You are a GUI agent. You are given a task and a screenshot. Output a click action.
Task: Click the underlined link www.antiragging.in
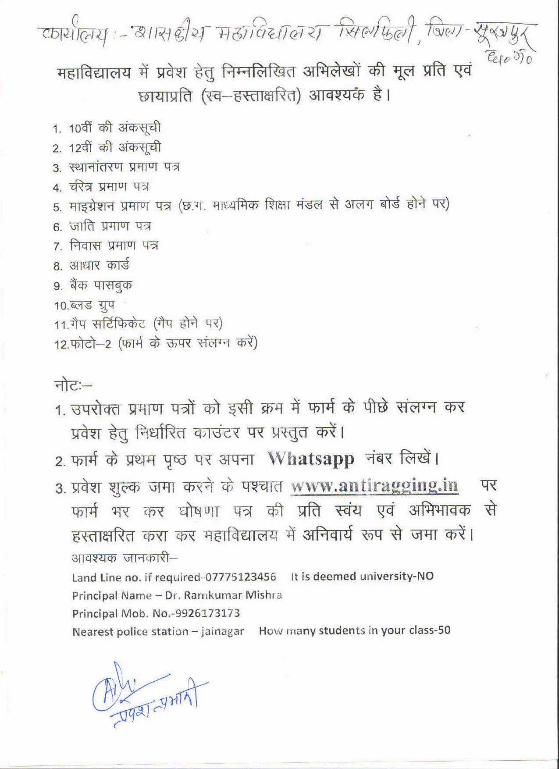374,486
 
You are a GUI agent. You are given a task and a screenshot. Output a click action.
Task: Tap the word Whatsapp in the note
311,458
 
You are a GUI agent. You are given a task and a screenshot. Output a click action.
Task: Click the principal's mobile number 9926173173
207,613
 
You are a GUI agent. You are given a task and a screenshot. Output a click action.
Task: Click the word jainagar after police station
222,632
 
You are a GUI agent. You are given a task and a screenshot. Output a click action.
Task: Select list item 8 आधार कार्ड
99,266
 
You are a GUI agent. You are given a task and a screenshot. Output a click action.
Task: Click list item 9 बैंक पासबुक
100,285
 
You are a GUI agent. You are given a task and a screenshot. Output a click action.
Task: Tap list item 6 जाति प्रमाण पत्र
110,226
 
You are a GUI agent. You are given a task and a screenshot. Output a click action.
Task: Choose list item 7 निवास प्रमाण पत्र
114,246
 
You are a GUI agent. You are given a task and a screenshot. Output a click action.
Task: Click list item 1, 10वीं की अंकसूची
114,128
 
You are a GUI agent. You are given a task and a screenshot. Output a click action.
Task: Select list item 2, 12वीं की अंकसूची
114,148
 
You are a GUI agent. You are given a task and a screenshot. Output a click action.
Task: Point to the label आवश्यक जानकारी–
125,558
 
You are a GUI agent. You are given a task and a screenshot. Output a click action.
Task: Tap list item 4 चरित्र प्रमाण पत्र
109,187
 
